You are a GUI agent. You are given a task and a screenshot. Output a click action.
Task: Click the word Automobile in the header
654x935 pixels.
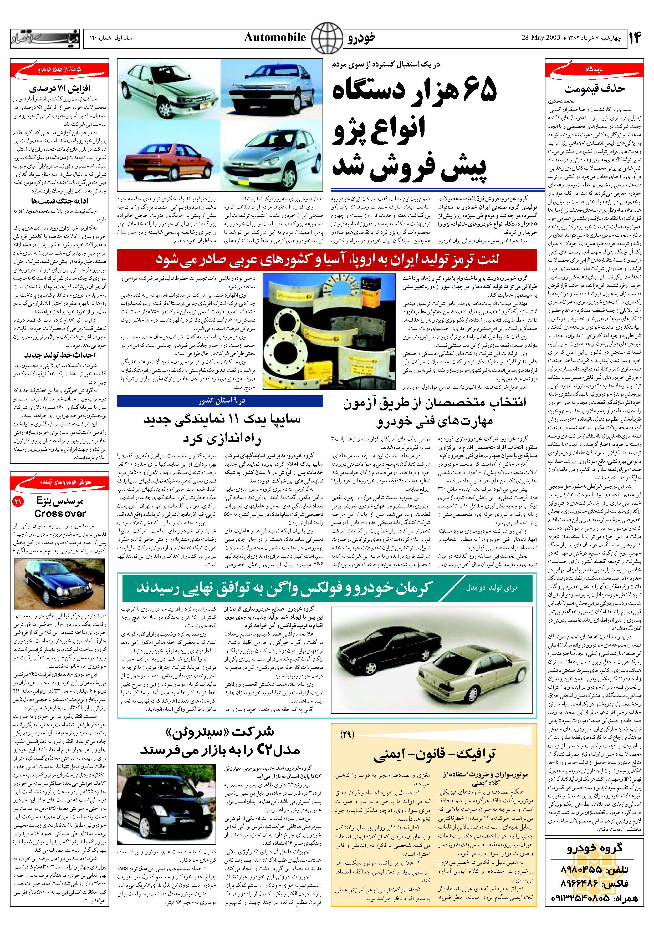coord(275,38)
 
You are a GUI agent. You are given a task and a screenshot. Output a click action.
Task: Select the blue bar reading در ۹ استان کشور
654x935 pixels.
coord(220,401)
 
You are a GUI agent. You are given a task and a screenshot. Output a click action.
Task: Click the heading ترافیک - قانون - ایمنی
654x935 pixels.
coord(434,754)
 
